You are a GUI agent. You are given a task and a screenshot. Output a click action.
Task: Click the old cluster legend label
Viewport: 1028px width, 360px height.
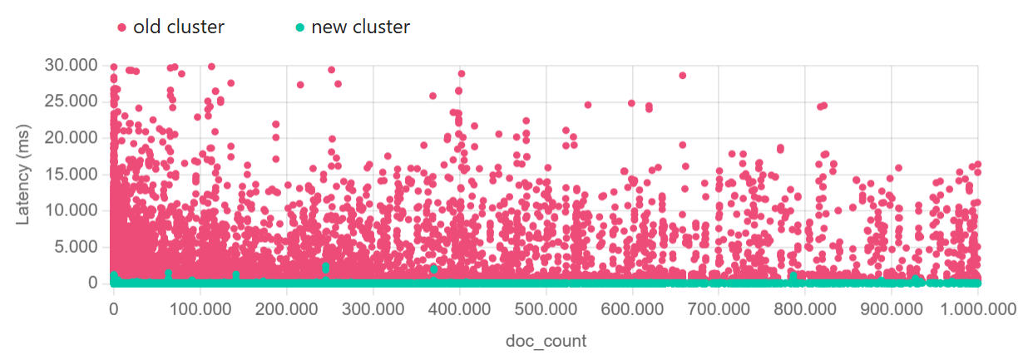(178, 27)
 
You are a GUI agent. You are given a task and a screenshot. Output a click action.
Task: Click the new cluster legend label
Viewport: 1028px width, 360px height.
(360, 27)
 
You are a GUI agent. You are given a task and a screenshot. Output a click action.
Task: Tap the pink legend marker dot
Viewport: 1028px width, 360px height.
(122, 27)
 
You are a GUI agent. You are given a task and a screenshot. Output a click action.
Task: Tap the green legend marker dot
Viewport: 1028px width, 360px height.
(300, 27)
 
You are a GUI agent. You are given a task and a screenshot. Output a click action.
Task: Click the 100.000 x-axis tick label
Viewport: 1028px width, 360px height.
(200, 309)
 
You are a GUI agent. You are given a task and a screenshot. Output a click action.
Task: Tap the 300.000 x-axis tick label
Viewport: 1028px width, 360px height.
(373, 309)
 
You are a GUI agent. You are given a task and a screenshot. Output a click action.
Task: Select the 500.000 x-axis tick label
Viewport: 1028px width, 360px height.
(546, 309)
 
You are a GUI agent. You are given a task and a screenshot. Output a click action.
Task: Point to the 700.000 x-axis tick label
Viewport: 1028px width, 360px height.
(719, 309)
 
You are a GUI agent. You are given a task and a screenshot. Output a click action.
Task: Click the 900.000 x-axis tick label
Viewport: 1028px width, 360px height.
(892, 309)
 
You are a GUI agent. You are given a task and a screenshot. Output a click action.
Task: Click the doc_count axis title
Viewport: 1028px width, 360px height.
(546, 341)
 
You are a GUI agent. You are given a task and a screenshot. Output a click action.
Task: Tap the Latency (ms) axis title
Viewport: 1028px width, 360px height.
(25, 174)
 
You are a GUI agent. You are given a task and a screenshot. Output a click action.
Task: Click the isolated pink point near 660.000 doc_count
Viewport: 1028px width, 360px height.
(683, 75)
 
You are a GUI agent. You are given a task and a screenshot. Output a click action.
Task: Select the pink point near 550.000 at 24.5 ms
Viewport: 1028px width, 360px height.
(588, 105)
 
